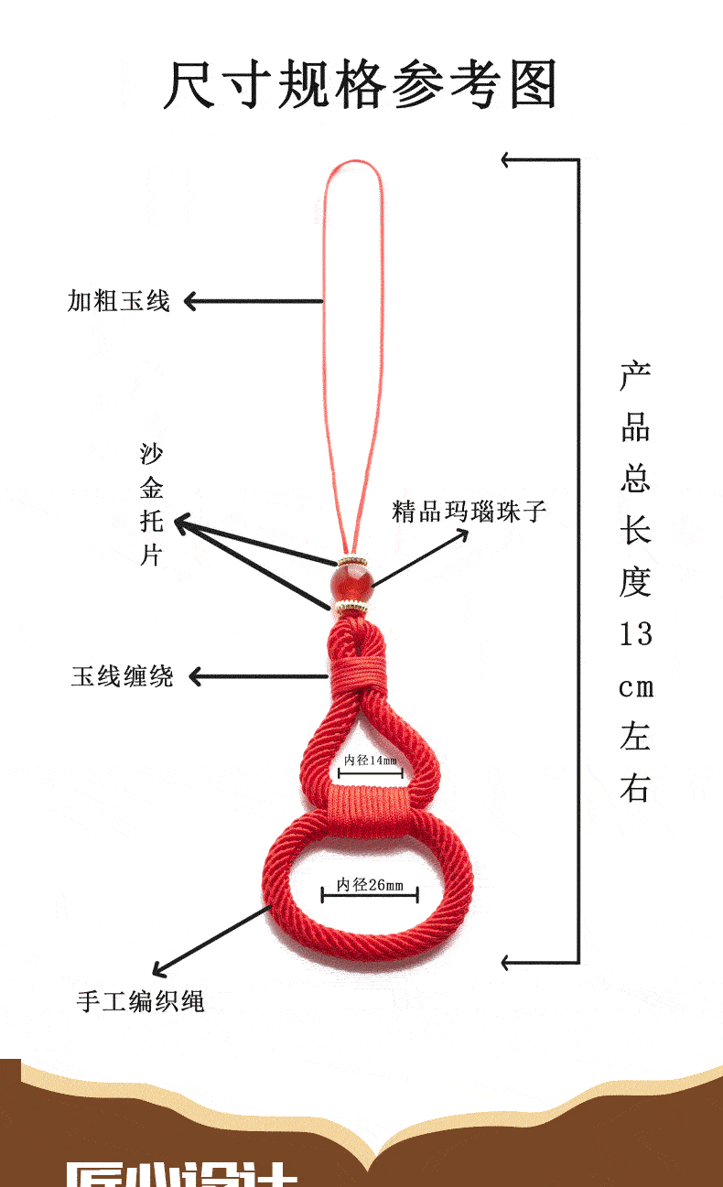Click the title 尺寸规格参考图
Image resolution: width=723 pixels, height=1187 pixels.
tap(361, 85)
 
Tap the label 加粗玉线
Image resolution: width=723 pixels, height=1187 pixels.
tap(118, 300)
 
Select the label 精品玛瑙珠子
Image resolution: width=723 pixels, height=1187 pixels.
tap(469, 511)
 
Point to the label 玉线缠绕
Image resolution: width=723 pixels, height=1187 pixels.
tap(122, 676)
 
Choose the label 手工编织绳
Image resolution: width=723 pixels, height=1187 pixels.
tap(140, 1001)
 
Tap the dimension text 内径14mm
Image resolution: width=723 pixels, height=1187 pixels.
tap(371, 761)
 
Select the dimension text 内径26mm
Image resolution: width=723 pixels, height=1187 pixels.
tap(370, 884)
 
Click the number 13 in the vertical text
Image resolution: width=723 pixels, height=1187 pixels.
tap(635, 633)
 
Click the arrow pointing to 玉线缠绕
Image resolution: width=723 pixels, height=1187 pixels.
tap(256, 677)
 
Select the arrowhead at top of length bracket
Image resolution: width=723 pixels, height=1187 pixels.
tap(507, 160)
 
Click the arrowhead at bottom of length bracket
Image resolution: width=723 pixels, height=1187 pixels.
tap(507, 962)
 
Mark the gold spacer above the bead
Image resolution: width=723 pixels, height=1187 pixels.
tap(353, 560)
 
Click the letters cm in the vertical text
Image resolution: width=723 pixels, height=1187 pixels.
tap(635, 687)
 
